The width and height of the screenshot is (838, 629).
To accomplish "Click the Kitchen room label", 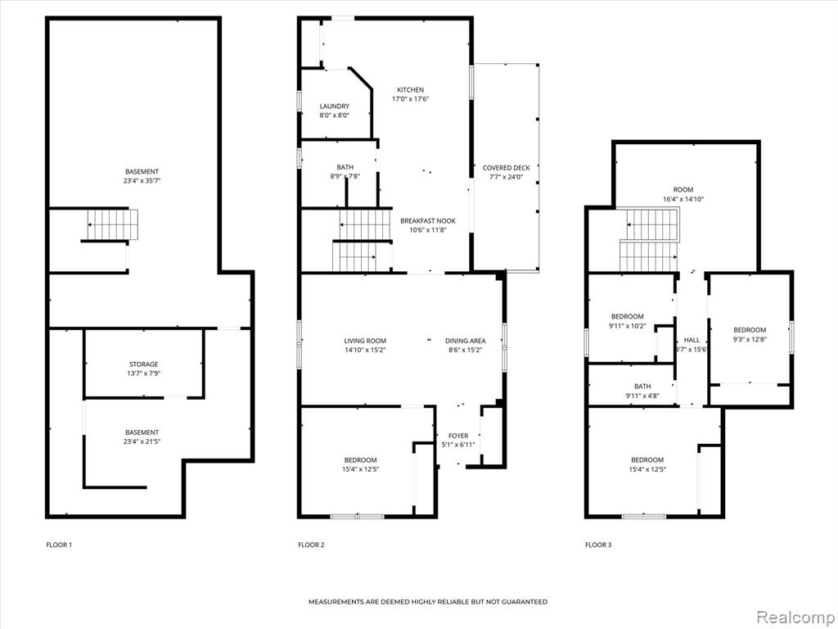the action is point(411,90).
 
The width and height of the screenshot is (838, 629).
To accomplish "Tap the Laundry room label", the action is point(335,106).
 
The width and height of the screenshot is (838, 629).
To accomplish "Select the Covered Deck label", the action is point(506,168).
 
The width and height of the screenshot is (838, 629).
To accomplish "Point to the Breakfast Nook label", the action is point(428,221).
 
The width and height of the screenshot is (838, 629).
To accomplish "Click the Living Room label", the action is point(365,341).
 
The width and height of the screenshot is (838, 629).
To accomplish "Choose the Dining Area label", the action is point(466,341).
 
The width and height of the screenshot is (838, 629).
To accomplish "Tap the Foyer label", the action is point(458,436).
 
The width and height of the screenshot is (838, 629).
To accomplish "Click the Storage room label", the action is point(144,364).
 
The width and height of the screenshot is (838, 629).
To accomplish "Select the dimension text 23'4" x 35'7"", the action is point(142,181).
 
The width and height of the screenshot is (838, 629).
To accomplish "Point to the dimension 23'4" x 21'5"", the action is point(142,441).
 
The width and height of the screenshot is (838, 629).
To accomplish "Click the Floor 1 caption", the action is point(59,545).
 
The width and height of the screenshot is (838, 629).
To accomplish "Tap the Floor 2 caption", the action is point(311,545).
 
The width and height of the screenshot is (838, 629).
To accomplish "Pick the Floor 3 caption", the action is point(598,545).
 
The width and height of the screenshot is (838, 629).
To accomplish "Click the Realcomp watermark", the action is point(795,617).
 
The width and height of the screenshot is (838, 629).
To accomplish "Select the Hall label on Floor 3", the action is point(692,340).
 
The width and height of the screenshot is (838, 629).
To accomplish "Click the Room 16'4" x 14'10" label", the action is point(683,189).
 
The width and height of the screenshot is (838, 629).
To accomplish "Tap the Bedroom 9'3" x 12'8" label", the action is point(750,330).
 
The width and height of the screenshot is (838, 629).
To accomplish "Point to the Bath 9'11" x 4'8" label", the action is point(642,387).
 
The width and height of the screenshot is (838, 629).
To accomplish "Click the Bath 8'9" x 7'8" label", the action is point(345,167).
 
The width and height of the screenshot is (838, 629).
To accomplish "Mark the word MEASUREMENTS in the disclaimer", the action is point(336,602).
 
